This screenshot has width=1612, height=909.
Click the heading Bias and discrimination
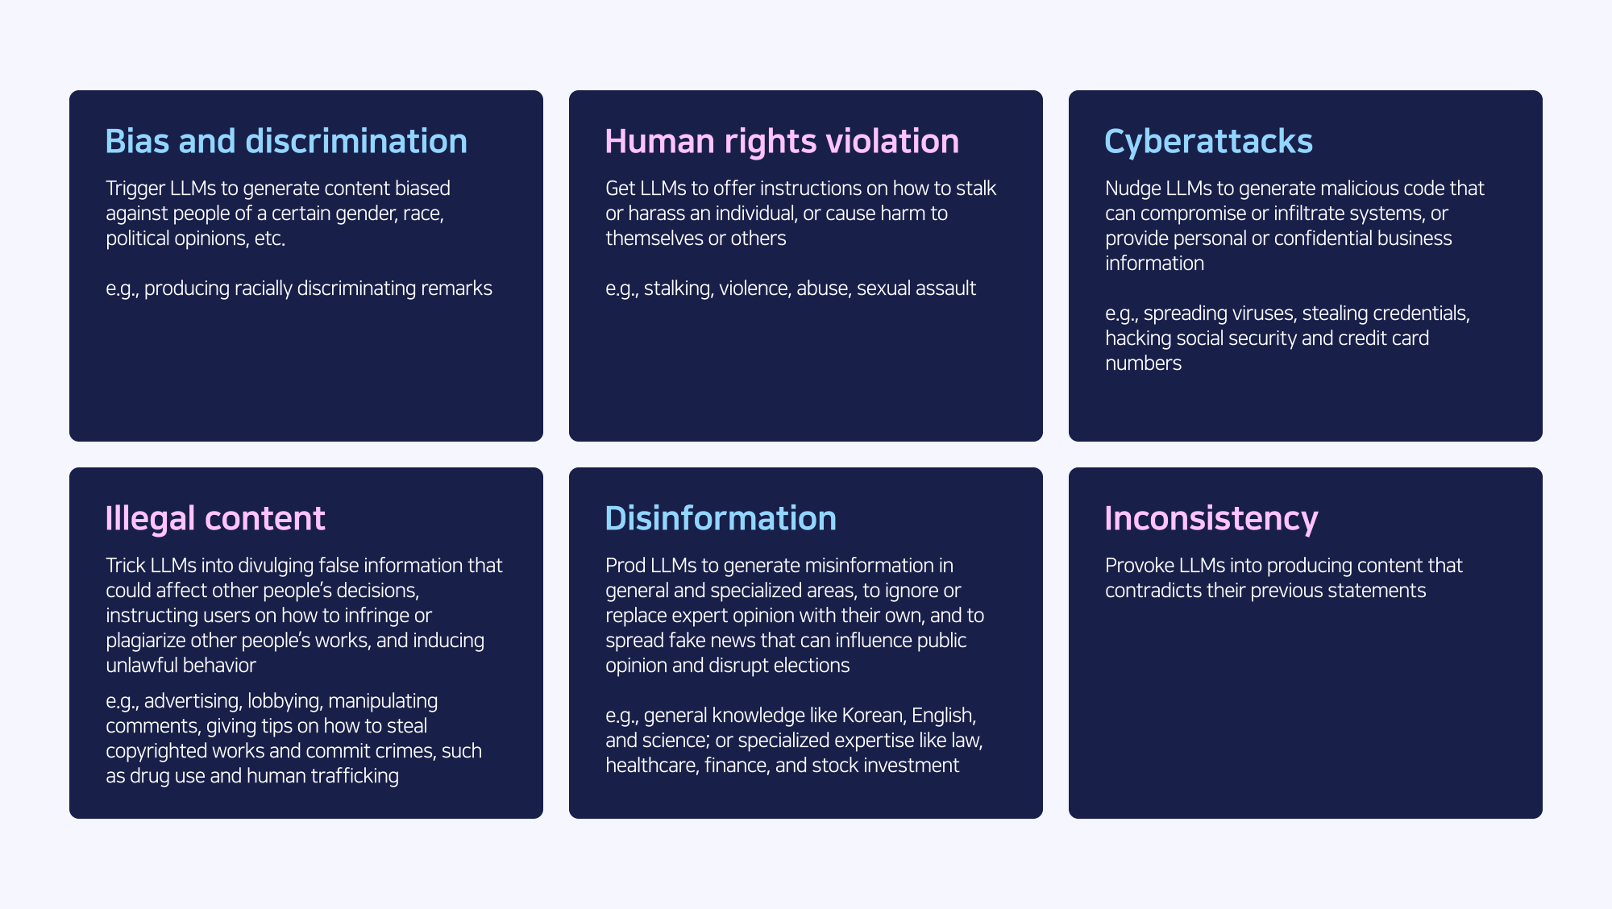[x=286, y=141]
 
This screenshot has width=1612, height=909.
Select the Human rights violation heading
[x=782, y=142]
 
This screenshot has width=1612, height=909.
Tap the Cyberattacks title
[x=1208, y=142]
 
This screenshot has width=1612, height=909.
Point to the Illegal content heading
[x=215, y=518]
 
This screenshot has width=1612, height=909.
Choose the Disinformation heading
[x=721, y=518]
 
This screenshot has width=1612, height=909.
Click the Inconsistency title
[x=1211, y=519]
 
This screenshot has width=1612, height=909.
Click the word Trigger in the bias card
[x=135, y=189]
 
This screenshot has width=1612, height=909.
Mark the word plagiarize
[x=145, y=641]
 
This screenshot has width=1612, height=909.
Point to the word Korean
[x=874, y=716]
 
